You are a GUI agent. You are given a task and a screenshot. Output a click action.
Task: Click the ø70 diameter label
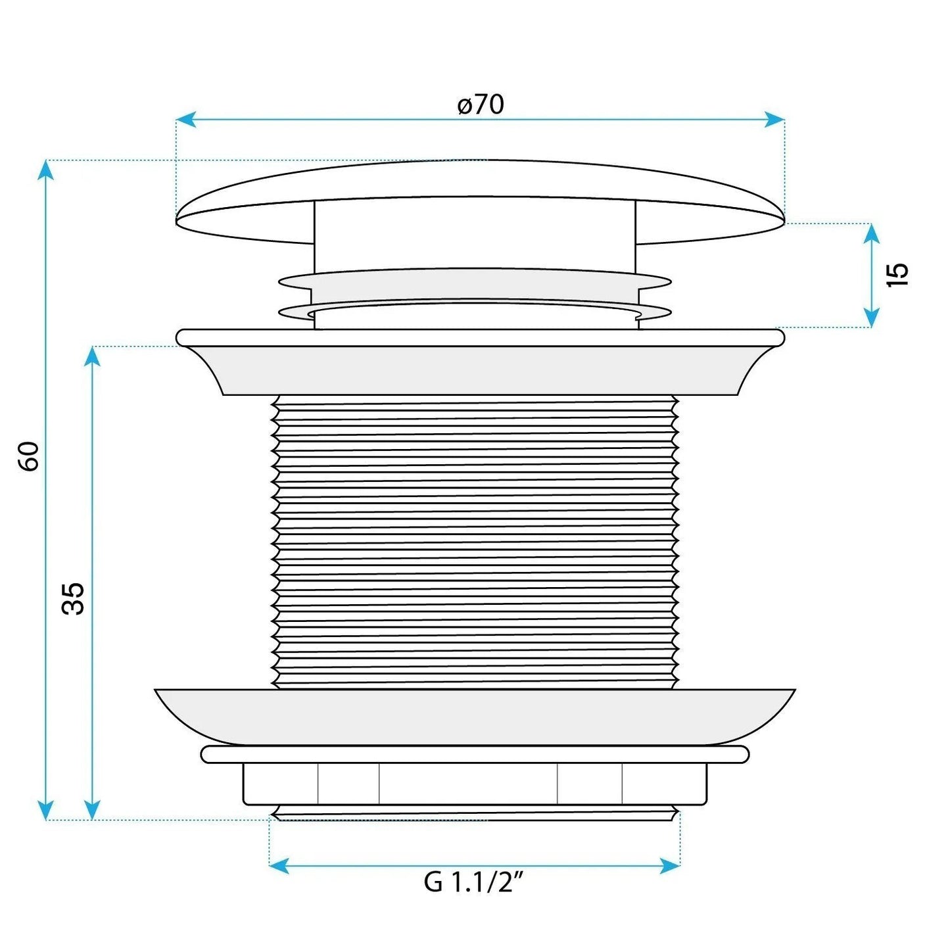(480, 105)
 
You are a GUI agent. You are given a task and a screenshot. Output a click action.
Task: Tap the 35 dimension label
(73, 598)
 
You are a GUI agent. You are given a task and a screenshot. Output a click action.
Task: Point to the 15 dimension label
(897, 275)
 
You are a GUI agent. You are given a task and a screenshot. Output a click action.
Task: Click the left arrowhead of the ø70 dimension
(186, 119)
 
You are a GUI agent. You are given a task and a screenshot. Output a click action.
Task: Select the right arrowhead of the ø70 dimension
(774, 119)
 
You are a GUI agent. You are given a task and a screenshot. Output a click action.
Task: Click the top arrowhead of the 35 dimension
(92, 358)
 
